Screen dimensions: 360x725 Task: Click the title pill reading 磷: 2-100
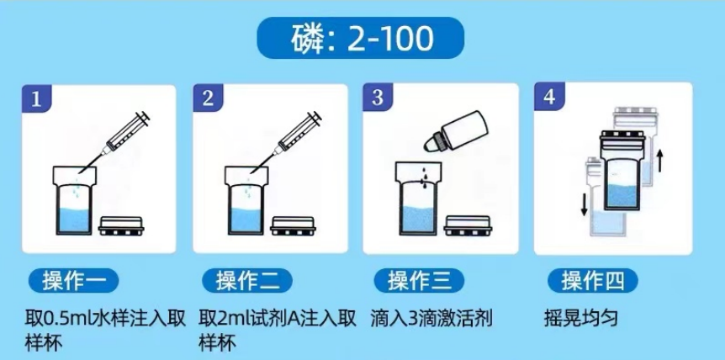point(362,38)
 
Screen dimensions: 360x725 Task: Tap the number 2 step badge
point(208,98)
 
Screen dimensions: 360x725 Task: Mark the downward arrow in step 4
point(579,202)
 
